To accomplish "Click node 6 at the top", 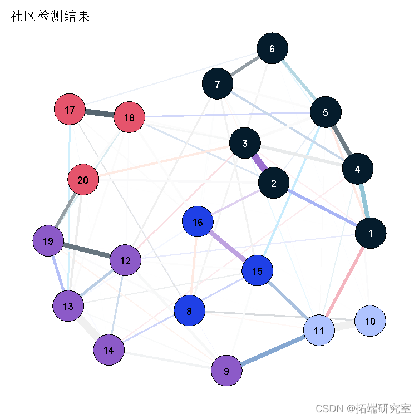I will click(272, 48).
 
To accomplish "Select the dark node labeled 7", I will click(217, 84).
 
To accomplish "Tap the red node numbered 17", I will click(70, 110).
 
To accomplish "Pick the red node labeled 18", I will click(129, 117).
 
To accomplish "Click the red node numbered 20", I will click(83, 180).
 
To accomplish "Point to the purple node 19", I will click(48, 241).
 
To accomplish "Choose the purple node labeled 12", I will click(125, 260).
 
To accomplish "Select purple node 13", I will click(68, 306).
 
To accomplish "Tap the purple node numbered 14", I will click(109, 350).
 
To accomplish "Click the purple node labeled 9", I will click(226, 371).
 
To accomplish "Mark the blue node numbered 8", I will click(189, 311).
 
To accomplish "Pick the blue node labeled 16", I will click(198, 223).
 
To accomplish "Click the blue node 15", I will click(257, 271).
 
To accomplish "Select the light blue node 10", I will click(369, 321).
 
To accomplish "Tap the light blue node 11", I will click(318, 331).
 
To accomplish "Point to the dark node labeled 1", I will click(370, 233).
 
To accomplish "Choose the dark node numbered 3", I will click(244, 143).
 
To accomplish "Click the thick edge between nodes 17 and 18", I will click(99, 114).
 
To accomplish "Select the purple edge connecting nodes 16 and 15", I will click(228, 247).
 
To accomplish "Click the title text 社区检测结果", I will click(50, 17).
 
